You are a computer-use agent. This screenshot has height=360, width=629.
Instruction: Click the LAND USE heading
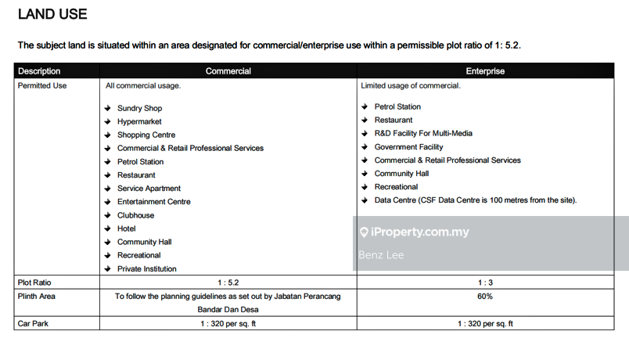click(x=52, y=14)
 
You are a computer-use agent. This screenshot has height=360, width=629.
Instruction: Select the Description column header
click(x=39, y=71)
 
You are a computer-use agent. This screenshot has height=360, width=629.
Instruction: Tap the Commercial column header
click(x=228, y=71)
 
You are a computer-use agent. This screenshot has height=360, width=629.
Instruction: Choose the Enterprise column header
click(x=485, y=71)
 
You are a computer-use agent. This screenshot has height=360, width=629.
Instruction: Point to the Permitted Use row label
click(x=42, y=85)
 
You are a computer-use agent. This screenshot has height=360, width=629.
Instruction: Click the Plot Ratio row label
click(x=34, y=283)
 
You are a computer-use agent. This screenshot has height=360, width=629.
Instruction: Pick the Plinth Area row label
click(x=37, y=297)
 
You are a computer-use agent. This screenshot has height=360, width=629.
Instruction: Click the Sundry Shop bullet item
click(x=139, y=108)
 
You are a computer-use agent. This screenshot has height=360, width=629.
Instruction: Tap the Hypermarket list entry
click(x=139, y=121)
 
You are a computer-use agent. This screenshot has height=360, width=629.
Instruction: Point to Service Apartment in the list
click(x=149, y=189)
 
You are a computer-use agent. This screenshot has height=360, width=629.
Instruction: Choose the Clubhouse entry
click(x=135, y=215)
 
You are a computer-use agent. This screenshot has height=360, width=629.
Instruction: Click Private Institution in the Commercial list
click(x=146, y=269)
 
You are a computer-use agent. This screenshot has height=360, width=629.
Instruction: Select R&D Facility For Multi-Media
click(x=423, y=134)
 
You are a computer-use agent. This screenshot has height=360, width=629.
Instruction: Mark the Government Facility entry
click(x=408, y=147)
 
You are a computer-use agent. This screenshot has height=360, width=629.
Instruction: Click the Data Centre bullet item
click(x=475, y=200)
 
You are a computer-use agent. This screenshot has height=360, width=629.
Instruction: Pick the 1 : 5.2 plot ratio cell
click(x=228, y=283)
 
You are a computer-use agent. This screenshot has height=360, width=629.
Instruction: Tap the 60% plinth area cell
click(x=485, y=297)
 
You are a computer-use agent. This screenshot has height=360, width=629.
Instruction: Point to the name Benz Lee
click(x=381, y=255)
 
